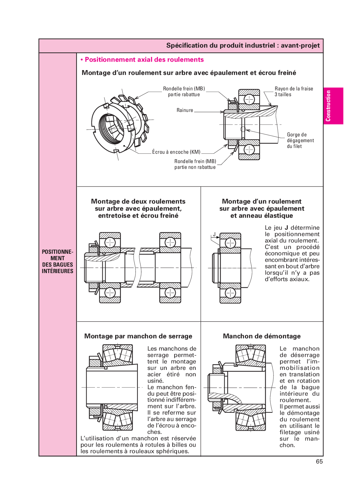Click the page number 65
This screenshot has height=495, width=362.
click(x=319, y=461)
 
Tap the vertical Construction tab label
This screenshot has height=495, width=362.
click(x=328, y=106)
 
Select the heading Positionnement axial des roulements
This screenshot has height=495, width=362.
click(x=144, y=60)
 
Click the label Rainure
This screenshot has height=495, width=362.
click(x=185, y=110)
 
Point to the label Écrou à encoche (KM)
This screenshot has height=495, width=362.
click(x=176, y=152)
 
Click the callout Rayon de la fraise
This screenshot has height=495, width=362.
click(x=293, y=88)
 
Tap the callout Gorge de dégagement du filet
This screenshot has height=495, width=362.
click(x=300, y=140)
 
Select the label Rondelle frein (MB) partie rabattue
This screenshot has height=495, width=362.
click(x=184, y=91)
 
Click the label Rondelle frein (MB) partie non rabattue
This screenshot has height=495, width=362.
click(x=195, y=164)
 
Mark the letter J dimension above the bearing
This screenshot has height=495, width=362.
click(x=214, y=234)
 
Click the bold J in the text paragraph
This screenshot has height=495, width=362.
click(x=286, y=228)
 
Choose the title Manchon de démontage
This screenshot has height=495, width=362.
click(x=262, y=336)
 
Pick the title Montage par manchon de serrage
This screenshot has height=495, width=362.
click(x=138, y=336)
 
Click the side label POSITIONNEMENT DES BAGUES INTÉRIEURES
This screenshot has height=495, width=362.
click(x=58, y=261)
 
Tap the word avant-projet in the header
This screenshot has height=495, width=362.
click(x=300, y=45)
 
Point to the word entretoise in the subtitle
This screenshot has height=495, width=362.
click(x=114, y=215)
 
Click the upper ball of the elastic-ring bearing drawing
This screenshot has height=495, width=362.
click(x=230, y=243)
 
